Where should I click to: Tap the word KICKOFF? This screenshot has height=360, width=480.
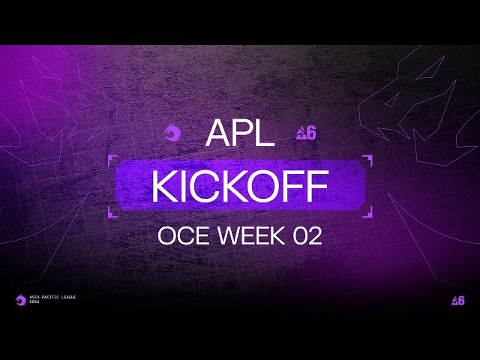[240, 187]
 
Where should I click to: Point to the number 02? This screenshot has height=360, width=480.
[307, 236]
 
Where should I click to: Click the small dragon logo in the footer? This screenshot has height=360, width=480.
[20, 300]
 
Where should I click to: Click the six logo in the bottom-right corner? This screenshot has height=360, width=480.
[457, 300]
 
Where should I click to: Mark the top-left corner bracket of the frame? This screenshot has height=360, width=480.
[112, 159]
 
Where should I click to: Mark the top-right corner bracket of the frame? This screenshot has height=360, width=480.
[367, 159]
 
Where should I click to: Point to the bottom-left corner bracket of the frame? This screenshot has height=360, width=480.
[112, 214]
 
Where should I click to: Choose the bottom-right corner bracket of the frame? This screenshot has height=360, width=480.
[367, 214]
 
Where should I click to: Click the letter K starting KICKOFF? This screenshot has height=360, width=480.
[163, 187]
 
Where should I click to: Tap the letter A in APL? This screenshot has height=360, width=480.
[217, 133]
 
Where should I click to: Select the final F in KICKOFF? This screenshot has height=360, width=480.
[318, 187]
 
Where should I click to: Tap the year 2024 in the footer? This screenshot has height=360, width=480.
[34, 302]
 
